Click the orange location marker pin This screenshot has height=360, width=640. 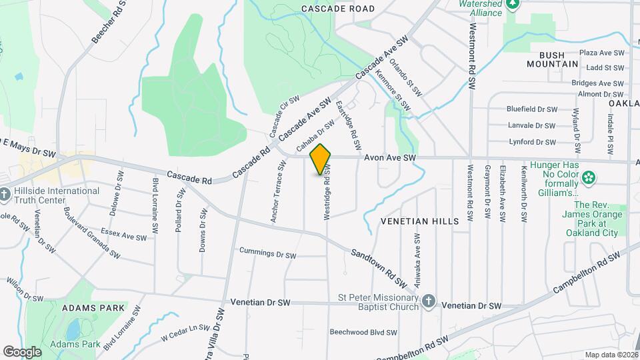321,159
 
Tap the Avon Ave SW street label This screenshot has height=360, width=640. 390,158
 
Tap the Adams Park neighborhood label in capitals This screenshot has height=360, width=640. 93,308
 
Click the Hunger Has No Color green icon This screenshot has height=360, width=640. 589,178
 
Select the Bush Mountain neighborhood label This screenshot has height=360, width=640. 552,59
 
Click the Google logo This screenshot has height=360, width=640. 22,351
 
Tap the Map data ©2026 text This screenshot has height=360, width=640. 611,355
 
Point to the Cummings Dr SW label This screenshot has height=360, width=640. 267,254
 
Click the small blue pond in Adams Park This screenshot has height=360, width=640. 73,329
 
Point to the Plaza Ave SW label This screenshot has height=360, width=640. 601,52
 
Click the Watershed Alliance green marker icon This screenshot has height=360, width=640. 513,5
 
